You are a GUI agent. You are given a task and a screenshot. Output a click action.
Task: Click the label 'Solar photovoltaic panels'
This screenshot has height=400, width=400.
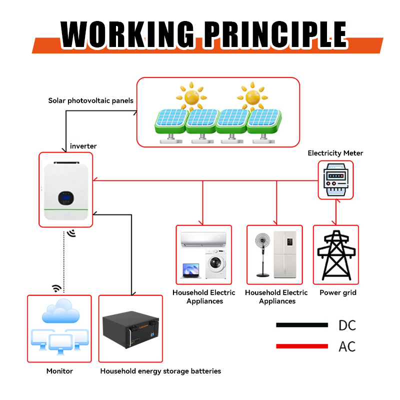tap(90, 100)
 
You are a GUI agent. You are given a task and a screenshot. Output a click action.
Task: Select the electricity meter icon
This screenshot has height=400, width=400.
tap(335, 178)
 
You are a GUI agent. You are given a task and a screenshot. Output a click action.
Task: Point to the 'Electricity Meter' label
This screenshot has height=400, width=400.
tap(335, 153)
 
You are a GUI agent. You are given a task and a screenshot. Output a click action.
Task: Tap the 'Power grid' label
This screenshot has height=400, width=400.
tap(338, 292)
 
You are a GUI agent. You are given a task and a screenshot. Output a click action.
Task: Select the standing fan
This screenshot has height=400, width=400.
tap(262, 255)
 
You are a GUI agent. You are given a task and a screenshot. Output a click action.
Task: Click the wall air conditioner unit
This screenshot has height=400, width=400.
tap(204, 241)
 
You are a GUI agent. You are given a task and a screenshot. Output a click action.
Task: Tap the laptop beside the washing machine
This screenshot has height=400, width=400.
tap(191, 271)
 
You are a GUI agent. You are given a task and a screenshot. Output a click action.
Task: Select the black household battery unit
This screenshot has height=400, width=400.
tap(130, 332)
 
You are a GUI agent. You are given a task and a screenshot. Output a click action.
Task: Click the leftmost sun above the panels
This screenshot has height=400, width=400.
tap(190, 95)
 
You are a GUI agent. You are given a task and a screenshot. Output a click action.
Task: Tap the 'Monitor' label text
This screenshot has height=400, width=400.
tap(59, 371)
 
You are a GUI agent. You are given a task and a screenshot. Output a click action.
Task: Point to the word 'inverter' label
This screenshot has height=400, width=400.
tap(83, 146)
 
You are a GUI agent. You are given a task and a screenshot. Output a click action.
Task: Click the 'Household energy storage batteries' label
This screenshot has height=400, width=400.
tap(160, 371)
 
